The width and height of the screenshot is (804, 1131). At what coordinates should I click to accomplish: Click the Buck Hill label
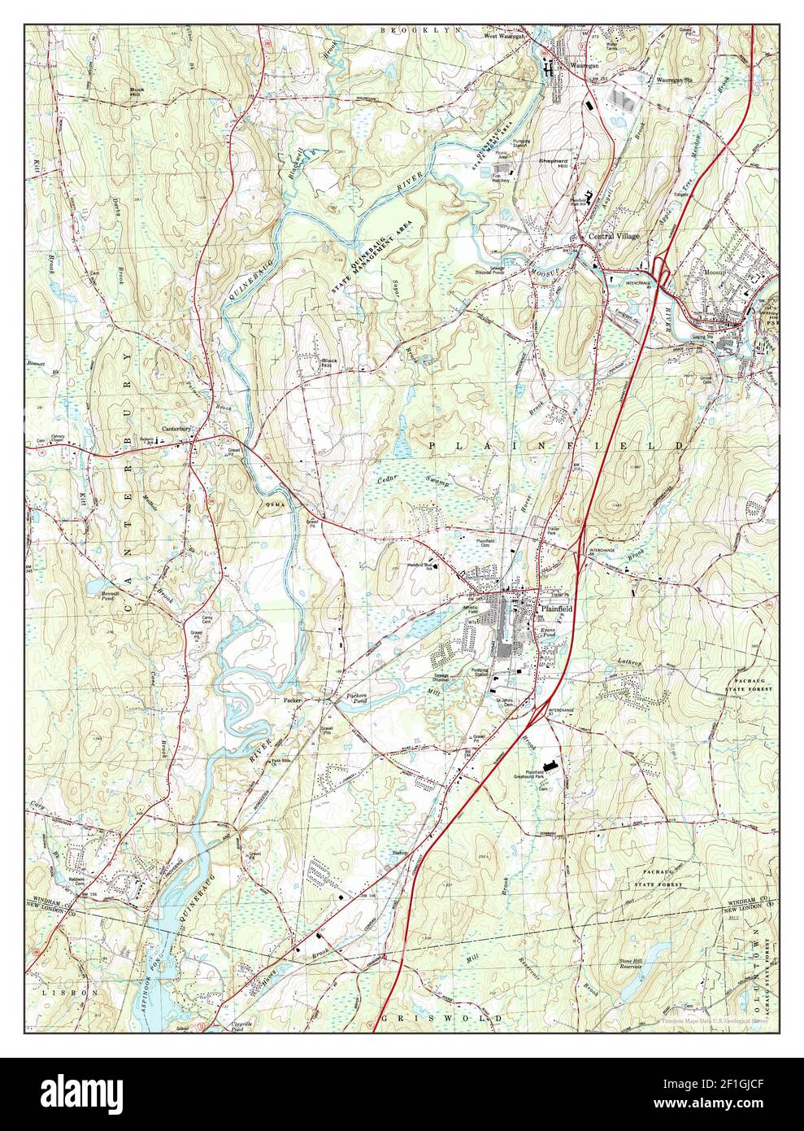(x=136, y=90)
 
